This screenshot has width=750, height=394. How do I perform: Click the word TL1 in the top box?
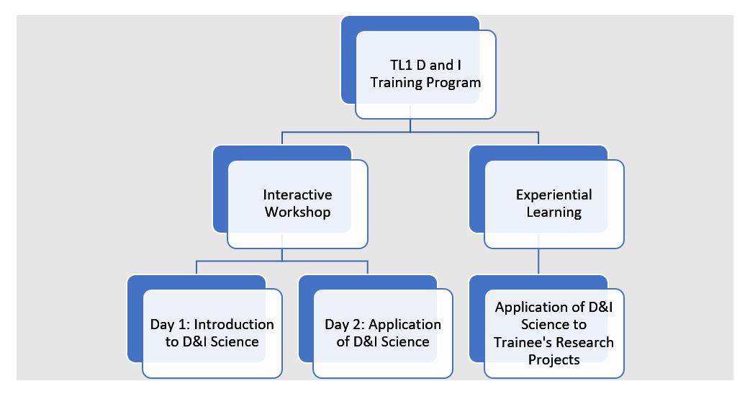click(x=401, y=65)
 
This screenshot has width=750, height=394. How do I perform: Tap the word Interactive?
click(x=297, y=194)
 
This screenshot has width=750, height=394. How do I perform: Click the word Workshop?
click(x=297, y=212)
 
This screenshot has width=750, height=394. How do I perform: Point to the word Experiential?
click(x=554, y=195)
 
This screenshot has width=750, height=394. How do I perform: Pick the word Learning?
click(x=554, y=212)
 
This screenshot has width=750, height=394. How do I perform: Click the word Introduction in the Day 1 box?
click(x=234, y=324)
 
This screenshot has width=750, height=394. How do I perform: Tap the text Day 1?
click(x=170, y=325)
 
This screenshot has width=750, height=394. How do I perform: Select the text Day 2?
click(x=344, y=325)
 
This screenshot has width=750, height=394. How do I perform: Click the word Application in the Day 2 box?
click(x=405, y=325)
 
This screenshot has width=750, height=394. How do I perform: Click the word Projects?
click(x=554, y=359)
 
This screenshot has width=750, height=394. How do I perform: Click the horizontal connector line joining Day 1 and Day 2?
click(x=281, y=261)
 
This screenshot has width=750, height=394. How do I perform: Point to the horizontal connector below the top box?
click(x=410, y=132)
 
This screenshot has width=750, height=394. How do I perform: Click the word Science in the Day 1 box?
click(x=235, y=342)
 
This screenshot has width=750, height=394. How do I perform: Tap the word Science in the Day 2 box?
click(x=405, y=342)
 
